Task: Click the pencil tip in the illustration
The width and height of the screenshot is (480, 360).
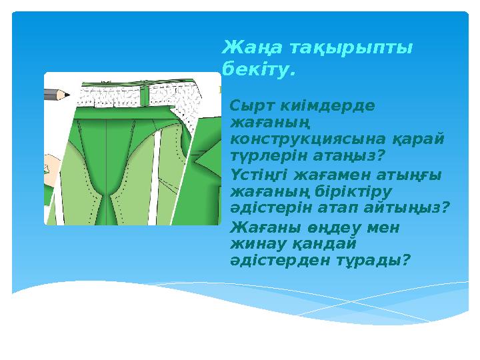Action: pos(67,95)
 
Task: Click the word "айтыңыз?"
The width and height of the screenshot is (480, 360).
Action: pos(413,208)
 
